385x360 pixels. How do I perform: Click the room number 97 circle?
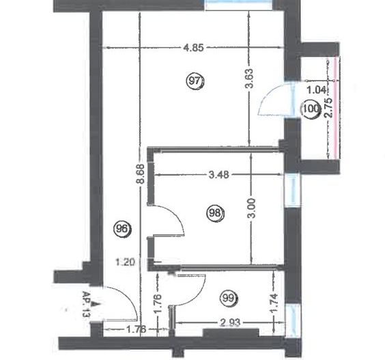coord(195,81)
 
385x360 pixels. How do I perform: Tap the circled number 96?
coord(124,228)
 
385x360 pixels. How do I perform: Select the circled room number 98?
coord(216,214)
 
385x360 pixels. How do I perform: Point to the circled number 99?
coord(229,298)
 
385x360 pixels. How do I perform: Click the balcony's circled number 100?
coord(311,108)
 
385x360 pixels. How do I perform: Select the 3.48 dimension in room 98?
coord(218,174)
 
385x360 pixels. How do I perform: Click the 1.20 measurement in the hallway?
coord(123,261)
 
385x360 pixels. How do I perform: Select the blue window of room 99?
coord(292,318)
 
